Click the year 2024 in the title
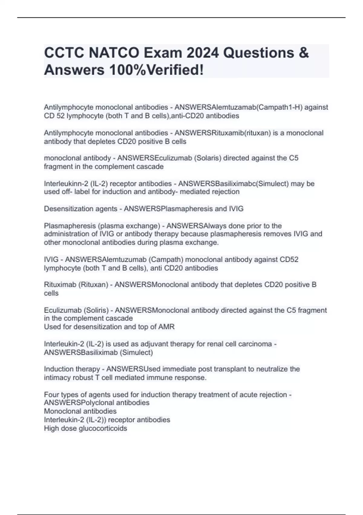(x=202, y=53)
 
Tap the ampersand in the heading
(x=303, y=53)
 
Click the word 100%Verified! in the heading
(x=156, y=70)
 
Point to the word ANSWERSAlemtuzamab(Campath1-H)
(x=238, y=107)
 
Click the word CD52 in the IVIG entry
(x=289, y=260)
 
